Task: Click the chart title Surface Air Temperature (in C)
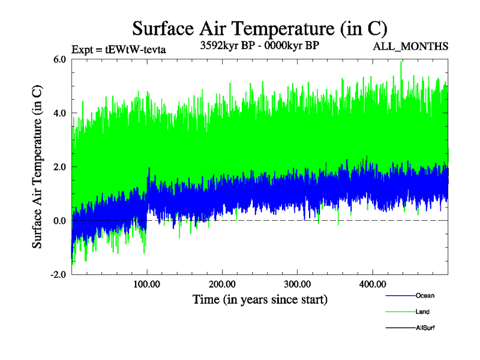[260, 29]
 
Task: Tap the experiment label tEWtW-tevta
[118, 50]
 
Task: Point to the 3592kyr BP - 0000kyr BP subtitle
[259, 46]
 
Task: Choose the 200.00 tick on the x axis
[221, 284]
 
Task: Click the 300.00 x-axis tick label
[296, 284]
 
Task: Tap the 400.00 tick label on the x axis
[371, 284]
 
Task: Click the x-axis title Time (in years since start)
[260, 299]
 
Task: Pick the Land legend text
[422, 312]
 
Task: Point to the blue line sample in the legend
[400, 296]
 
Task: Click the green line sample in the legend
[400, 312]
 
